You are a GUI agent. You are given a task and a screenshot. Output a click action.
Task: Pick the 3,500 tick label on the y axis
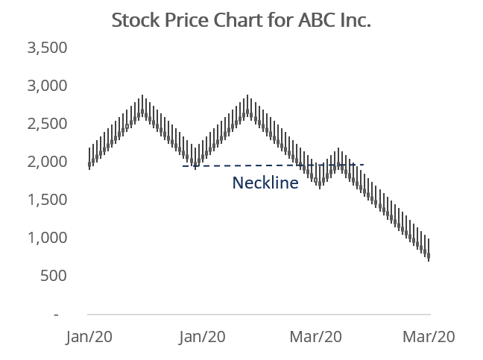point(47,48)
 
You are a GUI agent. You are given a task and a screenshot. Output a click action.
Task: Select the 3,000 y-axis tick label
point(47,86)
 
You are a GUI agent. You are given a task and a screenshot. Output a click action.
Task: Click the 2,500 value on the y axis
point(47,124)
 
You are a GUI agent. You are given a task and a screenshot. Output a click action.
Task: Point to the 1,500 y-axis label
point(47,200)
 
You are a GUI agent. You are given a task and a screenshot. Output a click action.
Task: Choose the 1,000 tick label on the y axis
point(47,239)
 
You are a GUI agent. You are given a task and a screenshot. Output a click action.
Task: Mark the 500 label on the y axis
point(54,277)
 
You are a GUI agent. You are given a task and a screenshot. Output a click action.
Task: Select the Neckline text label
point(265,183)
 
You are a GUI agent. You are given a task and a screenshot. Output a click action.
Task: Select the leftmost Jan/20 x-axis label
point(89,337)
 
